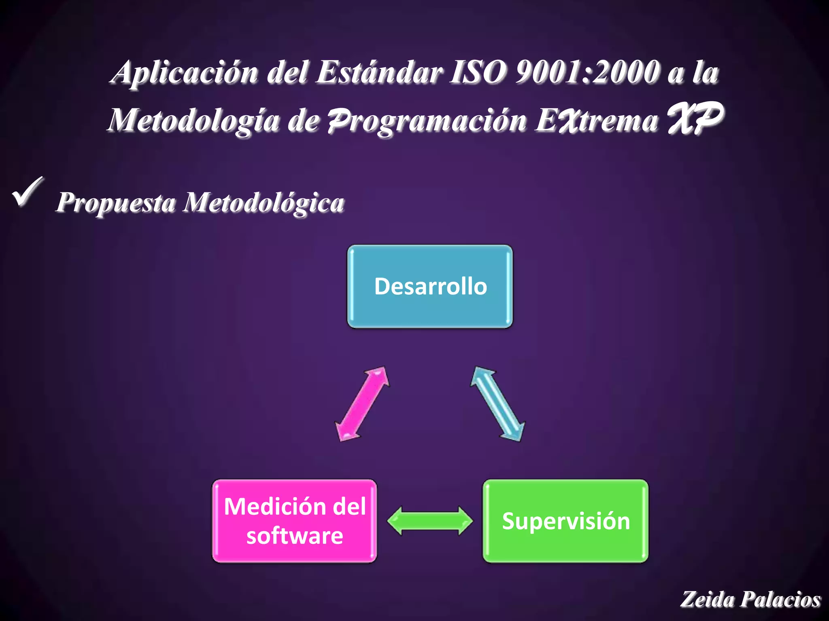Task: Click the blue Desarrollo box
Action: point(430,286)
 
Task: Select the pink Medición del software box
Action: point(295,521)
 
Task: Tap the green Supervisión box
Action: point(565,521)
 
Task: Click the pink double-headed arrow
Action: point(362,404)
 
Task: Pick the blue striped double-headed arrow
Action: point(498,404)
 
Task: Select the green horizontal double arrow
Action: point(429,520)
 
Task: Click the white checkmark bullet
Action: point(28,192)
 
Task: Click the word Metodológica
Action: point(264,202)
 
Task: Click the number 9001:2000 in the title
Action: point(587,73)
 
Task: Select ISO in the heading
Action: point(478,73)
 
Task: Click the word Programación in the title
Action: point(427,120)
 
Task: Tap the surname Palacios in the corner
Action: point(780,599)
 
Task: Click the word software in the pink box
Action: point(295,536)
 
